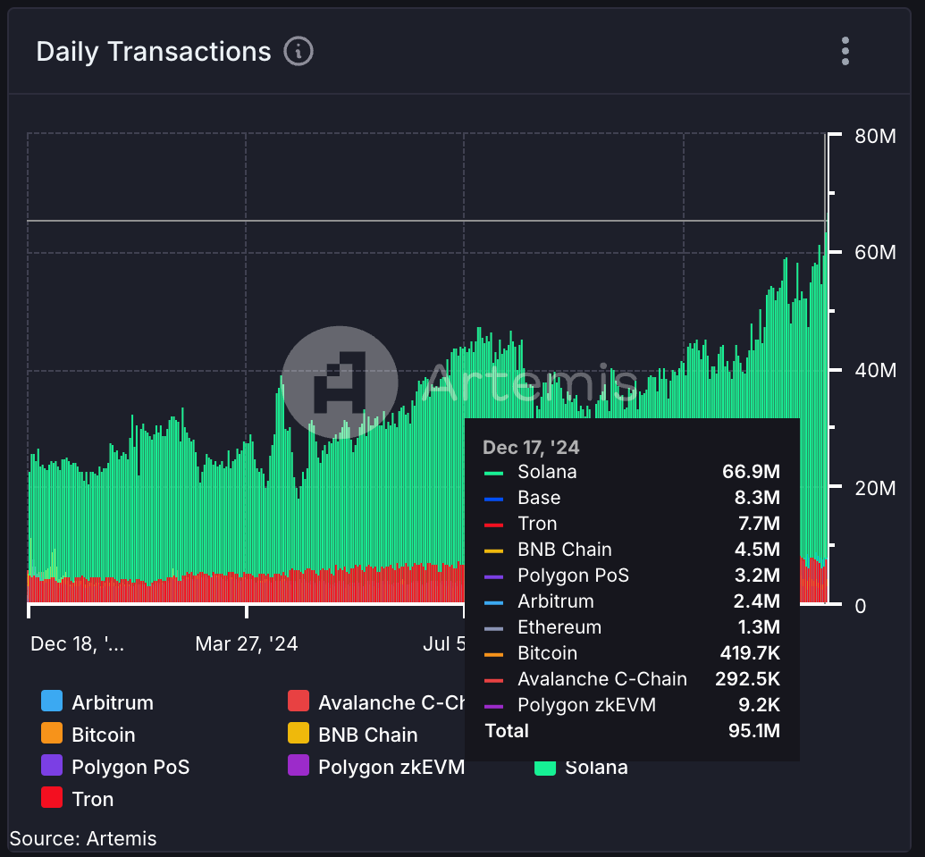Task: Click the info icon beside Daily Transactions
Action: (x=299, y=52)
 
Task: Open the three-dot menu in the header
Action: (x=845, y=51)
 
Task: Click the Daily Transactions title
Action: (x=153, y=52)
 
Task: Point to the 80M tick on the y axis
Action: (x=875, y=136)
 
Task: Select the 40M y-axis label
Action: (x=875, y=371)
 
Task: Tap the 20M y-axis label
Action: (x=875, y=488)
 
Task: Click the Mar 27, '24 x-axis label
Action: (x=247, y=644)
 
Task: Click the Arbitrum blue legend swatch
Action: (x=52, y=702)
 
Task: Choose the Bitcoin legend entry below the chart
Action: (x=103, y=735)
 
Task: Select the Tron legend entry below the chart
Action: (x=92, y=799)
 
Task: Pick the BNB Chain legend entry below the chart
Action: (x=367, y=735)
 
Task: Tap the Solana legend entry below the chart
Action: (x=595, y=768)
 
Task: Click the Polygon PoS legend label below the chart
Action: (x=130, y=767)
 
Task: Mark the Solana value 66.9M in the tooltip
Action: (x=751, y=472)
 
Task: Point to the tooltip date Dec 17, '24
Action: (x=531, y=447)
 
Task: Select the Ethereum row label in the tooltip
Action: (x=559, y=627)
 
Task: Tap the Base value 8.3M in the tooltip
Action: (x=756, y=498)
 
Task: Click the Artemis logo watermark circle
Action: (x=340, y=383)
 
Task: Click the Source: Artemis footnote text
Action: (x=83, y=838)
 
